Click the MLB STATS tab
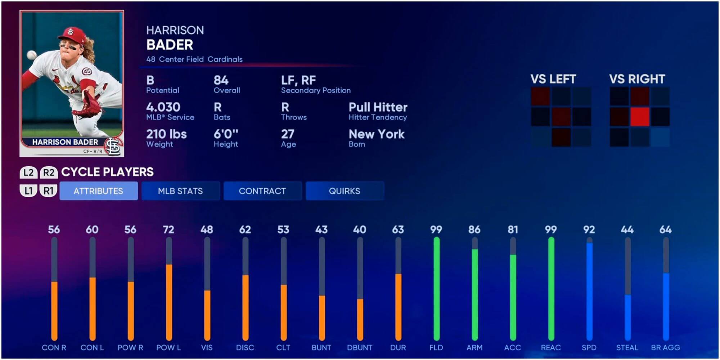tap(180, 191)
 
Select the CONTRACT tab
tap(262, 191)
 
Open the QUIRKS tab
tap(345, 191)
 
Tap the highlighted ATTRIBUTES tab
tap(98, 191)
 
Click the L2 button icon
tap(28, 172)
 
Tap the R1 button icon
tap(48, 191)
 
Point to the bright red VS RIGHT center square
tap(640, 117)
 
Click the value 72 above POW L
tap(168, 230)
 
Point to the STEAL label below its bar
tap(627, 348)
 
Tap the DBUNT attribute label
tap(360, 348)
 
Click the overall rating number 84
tap(221, 80)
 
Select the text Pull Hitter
tap(378, 107)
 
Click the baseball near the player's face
tap(32, 55)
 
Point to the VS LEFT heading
tap(553, 79)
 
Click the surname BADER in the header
tap(170, 45)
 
